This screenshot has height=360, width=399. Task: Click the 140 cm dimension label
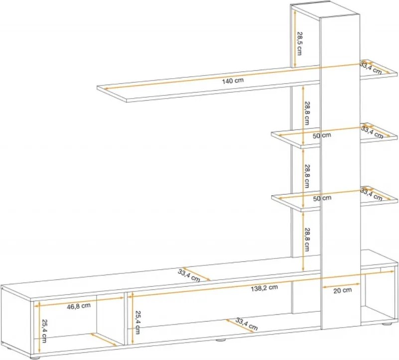point(233,81)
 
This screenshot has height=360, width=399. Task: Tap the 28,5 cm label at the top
point(299,43)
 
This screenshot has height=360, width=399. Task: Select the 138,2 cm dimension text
point(264,288)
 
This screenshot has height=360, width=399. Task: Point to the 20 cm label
point(342,290)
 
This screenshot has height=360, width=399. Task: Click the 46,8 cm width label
point(79,306)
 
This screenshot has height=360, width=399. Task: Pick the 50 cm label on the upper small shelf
point(322,135)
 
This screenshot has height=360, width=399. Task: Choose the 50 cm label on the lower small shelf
point(322,198)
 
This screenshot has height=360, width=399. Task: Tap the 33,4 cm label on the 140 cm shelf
point(371,68)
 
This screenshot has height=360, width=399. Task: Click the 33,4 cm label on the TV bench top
point(189,275)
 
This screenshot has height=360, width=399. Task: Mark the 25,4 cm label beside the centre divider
point(137,322)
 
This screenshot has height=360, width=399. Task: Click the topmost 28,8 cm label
point(307,113)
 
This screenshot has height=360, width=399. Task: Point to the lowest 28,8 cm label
point(307,240)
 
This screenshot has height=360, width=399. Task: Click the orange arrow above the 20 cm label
point(341,285)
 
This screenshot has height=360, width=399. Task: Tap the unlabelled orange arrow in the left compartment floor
point(104,340)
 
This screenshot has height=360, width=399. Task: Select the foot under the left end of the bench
point(35,358)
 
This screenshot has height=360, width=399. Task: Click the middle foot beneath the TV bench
point(221,340)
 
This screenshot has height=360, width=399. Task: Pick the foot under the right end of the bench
point(387,324)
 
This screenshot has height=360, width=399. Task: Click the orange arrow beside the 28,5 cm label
point(295,39)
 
